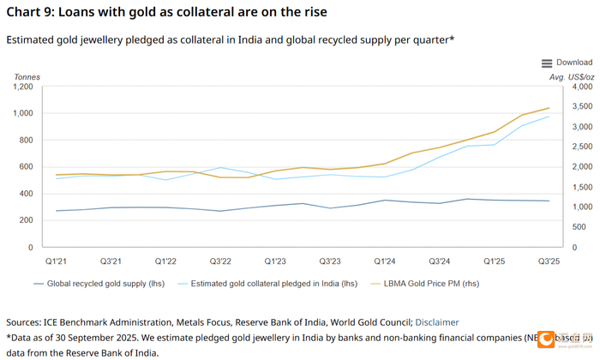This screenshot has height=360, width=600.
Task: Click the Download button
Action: click(573, 63)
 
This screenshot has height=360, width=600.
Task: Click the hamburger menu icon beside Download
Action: click(547, 63)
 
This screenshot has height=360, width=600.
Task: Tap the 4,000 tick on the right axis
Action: click(581, 87)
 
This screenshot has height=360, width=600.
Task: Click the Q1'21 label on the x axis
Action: click(56, 261)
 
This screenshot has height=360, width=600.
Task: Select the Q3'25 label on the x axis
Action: click(549, 261)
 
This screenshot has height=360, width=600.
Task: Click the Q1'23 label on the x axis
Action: click(275, 261)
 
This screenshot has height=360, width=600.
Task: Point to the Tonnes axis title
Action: click(27, 76)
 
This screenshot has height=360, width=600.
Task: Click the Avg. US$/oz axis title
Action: click(571, 76)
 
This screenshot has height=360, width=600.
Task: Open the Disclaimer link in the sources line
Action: click(437, 322)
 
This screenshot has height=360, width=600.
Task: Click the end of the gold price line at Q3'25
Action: click(549, 108)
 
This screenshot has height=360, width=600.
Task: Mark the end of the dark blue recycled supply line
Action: click(549, 201)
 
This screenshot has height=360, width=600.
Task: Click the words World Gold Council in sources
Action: click(363, 322)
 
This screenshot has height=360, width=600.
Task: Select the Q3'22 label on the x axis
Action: click(220, 261)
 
